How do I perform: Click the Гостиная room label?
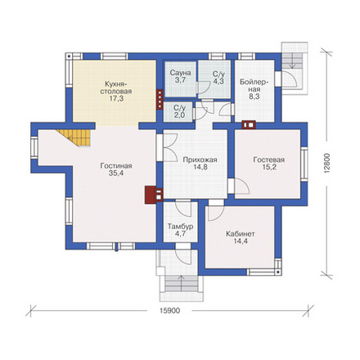[116, 166]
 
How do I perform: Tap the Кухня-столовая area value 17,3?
[116, 98]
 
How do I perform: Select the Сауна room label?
[180, 73]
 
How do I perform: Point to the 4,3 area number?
[218, 81]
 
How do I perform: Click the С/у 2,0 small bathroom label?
[179, 111]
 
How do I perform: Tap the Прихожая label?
[200, 160]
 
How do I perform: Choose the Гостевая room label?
[269, 160]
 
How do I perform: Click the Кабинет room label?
[241, 234]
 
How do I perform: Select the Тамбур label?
[181, 227]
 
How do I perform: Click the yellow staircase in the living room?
[76, 137]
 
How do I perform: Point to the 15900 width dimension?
[169, 311]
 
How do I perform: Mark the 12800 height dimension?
[327, 162]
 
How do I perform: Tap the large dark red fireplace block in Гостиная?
[151, 195]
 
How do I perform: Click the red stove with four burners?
[160, 100]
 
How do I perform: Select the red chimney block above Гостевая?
[249, 124]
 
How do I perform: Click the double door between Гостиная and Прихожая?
[170, 147]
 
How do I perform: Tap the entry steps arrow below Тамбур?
[182, 282]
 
